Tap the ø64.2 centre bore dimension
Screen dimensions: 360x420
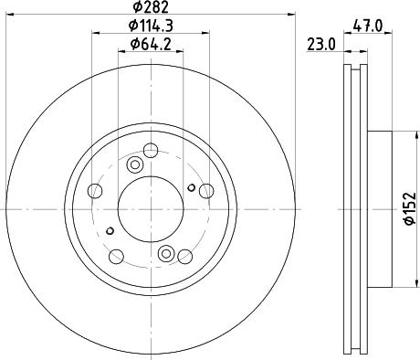pyautogui.click(x=151, y=44)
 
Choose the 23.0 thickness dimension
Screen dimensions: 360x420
pyautogui.click(x=319, y=42)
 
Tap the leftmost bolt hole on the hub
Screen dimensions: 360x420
pyautogui.click(x=96, y=192)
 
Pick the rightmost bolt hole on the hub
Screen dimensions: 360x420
pyautogui.click(x=205, y=192)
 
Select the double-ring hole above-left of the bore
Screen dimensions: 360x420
pyautogui.click(x=134, y=165)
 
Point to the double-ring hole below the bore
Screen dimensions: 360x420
pyautogui.click(x=166, y=253)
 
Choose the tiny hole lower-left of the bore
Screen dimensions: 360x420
pyautogui.click(x=110, y=230)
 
